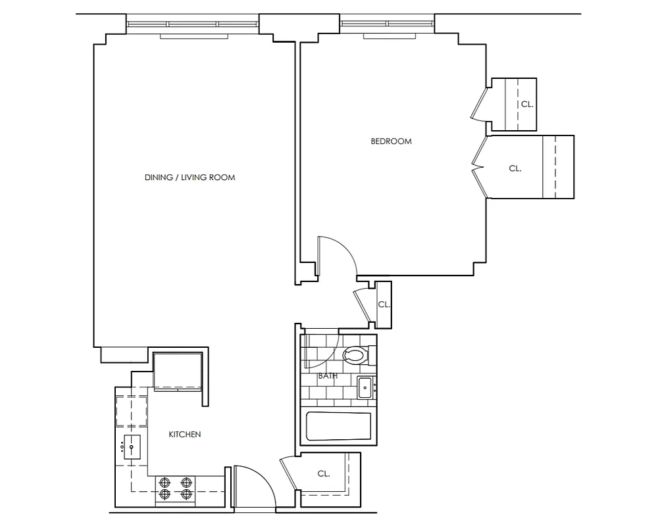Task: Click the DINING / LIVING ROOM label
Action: tap(190, 178)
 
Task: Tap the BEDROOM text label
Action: tap(391, 141)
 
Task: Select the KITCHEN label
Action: tap(185, 435)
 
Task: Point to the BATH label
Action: tap(328, 377)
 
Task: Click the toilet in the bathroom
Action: tap(355, 356)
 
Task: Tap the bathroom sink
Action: tap(365, 387)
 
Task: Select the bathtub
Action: tap(338, 426)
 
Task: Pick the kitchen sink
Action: tap(132, 447)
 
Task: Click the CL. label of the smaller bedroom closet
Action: tap(526, 104)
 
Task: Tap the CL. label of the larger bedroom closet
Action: tap(515, 168)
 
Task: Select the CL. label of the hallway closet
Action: tap(384, 304)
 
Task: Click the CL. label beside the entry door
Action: tap(323, 473)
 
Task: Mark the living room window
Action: tap(193, 24)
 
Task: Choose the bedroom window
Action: tap(387, 24)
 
